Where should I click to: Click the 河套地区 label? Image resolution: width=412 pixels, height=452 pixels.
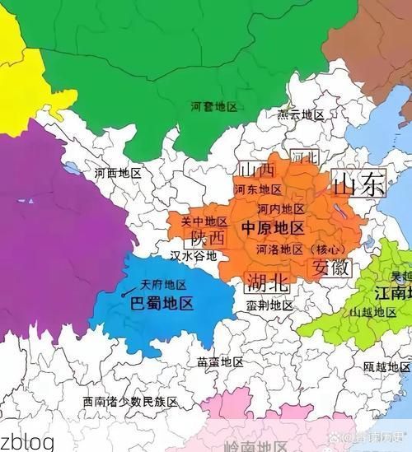(x=213, y=107)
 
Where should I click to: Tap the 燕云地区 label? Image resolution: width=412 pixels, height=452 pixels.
(x=301, y=114)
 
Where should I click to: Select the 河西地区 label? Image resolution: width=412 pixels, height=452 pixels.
(x=118, y=174)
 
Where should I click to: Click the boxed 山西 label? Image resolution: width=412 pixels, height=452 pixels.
(x=256, y=170)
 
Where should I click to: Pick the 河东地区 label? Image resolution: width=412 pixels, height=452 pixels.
(x=257, y=189)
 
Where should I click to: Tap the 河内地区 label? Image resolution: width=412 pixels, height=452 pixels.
(x=281, y=209)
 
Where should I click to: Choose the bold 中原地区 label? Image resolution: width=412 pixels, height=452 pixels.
(x=273, y=228)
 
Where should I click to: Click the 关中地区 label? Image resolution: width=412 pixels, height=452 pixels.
(x=204, y=221)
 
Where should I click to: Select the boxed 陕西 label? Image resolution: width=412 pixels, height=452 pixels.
(x=208, y=238)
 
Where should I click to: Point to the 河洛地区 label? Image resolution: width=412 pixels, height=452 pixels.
(x=279, y=249)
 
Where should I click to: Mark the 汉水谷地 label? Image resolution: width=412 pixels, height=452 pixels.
(x=193, y=256)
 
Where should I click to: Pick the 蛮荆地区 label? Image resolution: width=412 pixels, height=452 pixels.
(x=269, y=305)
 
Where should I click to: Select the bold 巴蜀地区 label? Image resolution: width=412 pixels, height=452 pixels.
(x=162, y=303)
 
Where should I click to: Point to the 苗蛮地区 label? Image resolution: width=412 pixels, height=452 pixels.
(x=220, y=362)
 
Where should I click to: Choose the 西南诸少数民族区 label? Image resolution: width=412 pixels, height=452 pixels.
(x=130, y=402)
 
